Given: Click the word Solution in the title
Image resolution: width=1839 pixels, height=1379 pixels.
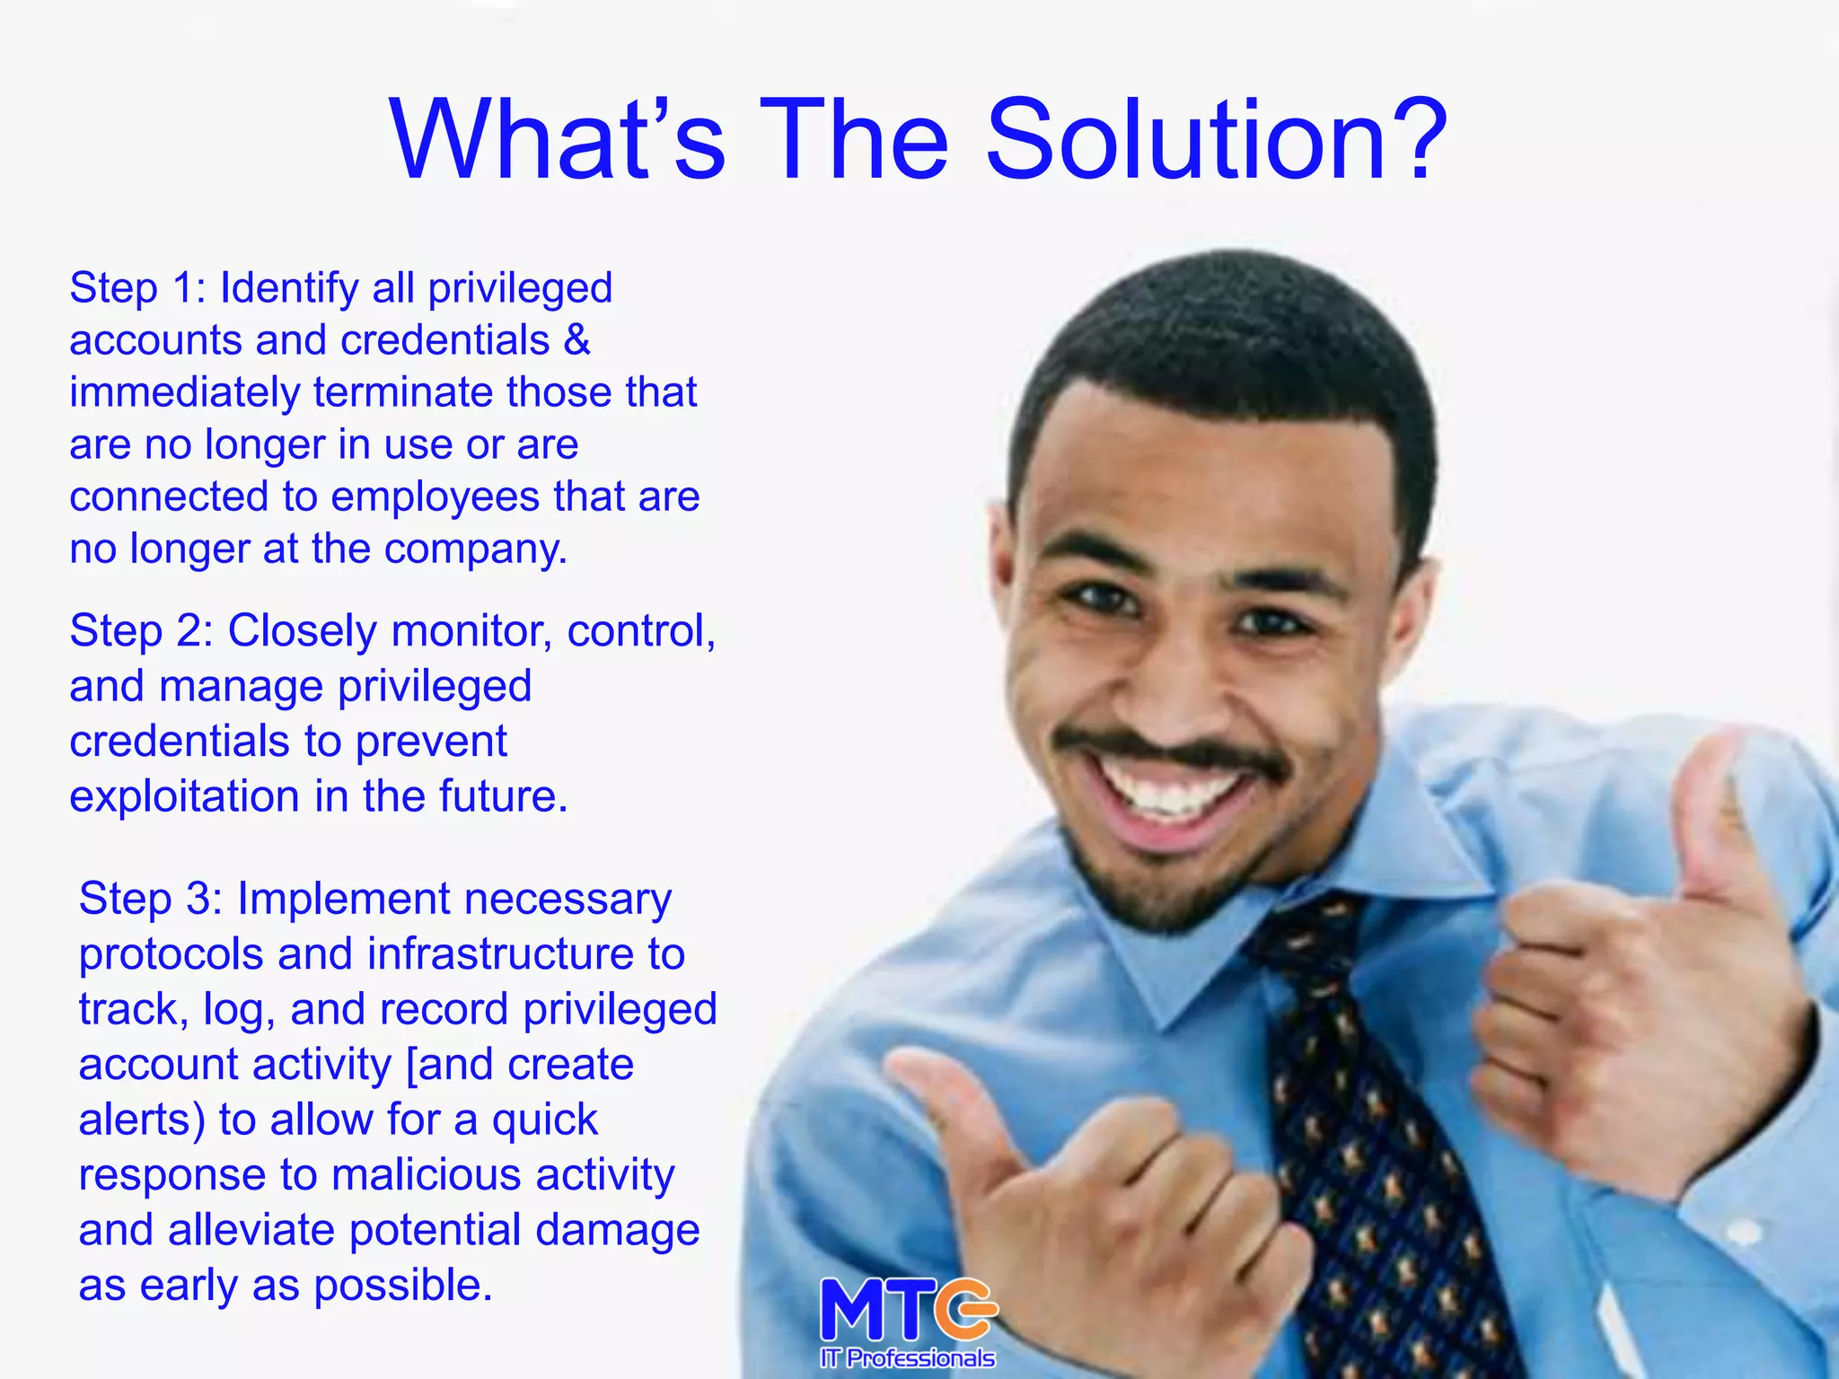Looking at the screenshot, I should (x=1185, y=142).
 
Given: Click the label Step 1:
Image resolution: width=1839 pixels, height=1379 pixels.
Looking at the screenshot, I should (x=137, y=289).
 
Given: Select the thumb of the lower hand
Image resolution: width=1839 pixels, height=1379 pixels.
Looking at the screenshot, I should (x=952, y=1113).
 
